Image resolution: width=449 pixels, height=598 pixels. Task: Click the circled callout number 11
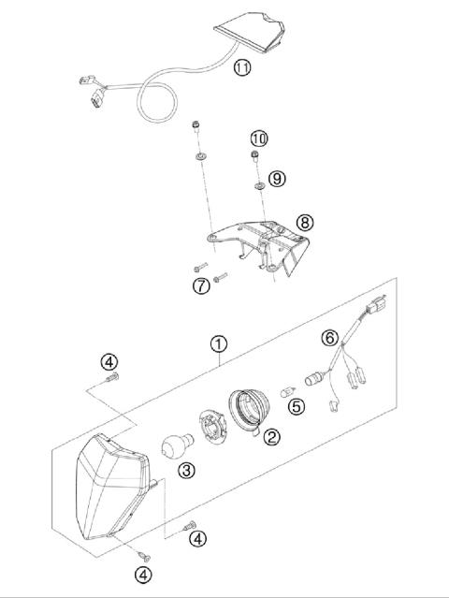[x=242, y=67]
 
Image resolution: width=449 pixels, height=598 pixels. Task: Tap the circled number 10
[x=258, y=139]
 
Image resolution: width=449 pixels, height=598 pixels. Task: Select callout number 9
[x=276, y=178]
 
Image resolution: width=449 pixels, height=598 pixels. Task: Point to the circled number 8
[x=304, y=222]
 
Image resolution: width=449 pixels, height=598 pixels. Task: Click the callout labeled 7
[x=201, y=285]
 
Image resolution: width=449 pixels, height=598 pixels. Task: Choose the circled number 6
[x=329, y=336]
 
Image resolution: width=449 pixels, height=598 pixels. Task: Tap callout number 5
[x=296, y=405]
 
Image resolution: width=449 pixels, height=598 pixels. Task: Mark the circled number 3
[x=187, y=470]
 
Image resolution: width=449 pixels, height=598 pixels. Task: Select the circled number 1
[x=217, y=345]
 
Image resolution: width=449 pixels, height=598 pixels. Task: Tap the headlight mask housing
[x=109, y=487]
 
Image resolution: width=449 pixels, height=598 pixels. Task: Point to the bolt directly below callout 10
[x=253, y=156]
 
